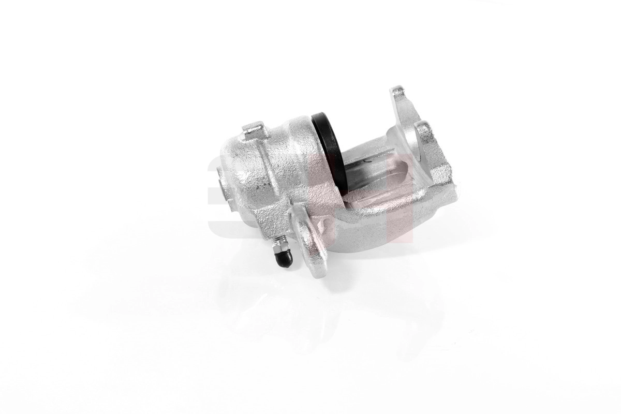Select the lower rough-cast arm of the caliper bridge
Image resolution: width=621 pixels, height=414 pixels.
pos(383,217)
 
